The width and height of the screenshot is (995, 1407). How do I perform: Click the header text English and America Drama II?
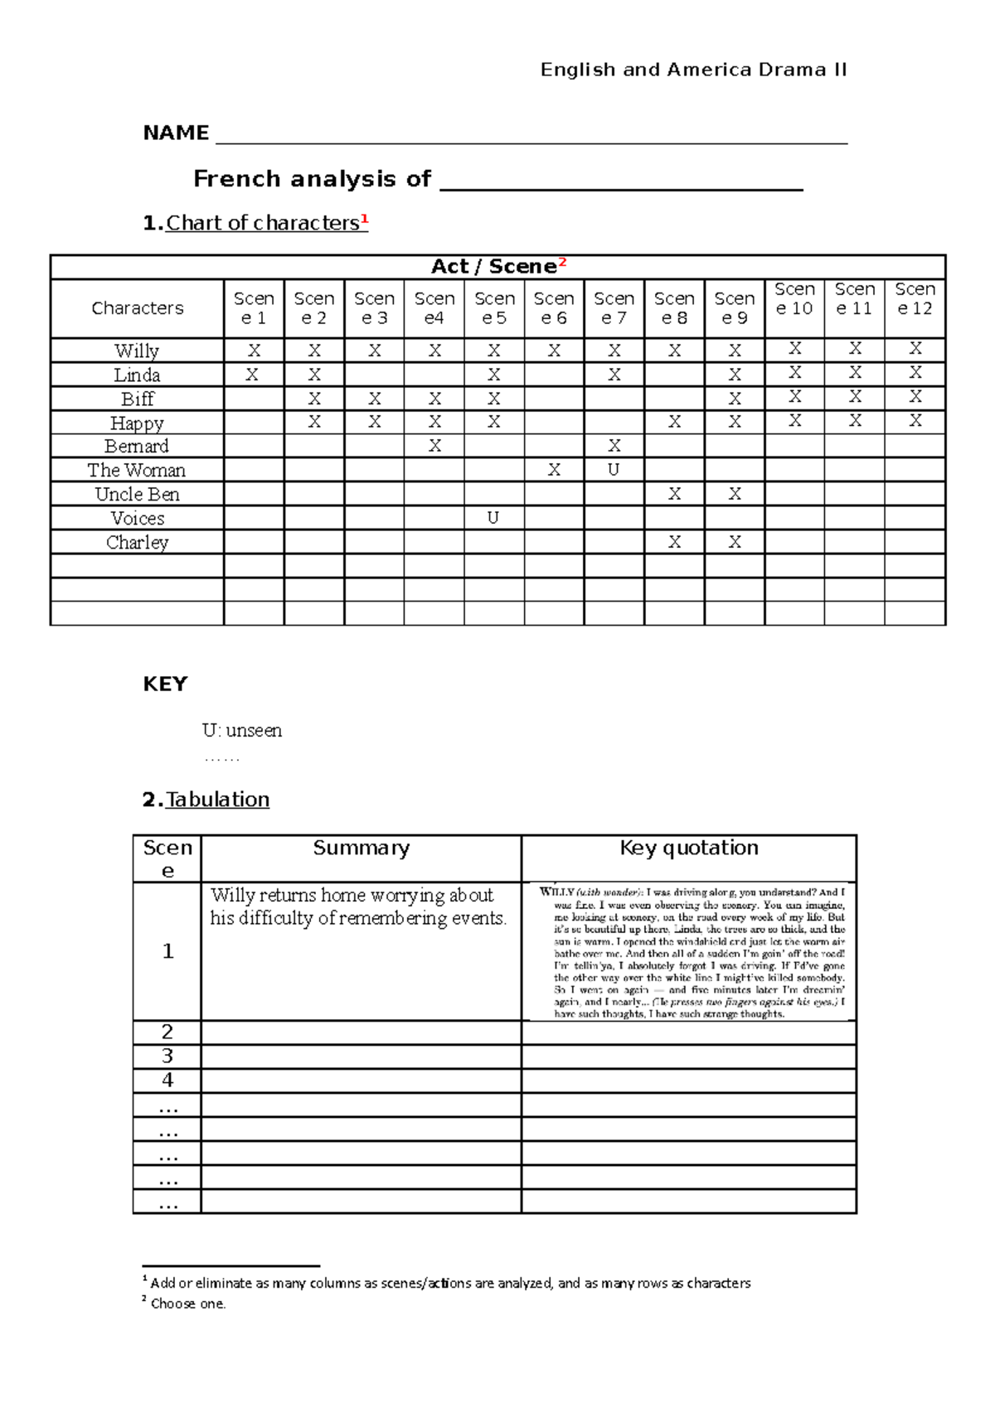[693, 70]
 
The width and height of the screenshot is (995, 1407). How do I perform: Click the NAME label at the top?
[176, 133]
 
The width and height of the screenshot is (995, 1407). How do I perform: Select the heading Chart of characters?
[262, 223]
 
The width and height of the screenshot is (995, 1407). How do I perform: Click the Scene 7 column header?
[614, 308]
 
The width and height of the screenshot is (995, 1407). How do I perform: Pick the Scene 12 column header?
[915, 299]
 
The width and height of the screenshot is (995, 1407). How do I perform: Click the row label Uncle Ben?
[137, 494]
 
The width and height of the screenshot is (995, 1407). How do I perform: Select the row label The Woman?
[137, 470]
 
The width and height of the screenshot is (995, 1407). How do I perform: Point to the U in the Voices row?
[493, 518]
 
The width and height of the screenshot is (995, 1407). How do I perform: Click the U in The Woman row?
[614, 470]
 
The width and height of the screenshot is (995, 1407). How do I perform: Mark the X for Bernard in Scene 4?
[434, 446]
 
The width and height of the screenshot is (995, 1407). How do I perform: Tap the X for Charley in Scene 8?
[674, 542]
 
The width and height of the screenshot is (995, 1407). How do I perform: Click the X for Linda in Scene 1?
[253, 375]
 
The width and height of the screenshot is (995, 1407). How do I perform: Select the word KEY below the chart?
[165, 684]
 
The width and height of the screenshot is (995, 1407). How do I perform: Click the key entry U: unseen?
[242, 730]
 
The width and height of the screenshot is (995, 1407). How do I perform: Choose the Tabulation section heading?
[217, 799]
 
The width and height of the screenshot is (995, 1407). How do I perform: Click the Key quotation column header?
[689, 848]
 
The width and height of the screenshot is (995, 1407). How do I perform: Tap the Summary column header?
[361, 848]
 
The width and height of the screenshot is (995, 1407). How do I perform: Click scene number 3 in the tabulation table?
[167, 1056]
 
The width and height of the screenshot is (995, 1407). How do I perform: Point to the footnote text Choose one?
[187, 1303]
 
